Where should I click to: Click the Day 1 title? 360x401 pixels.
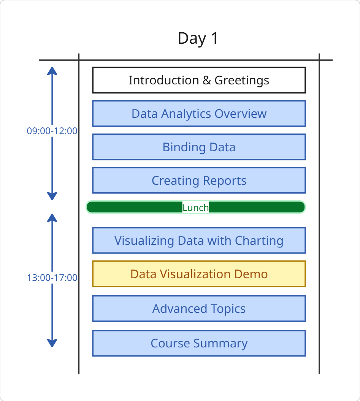coord(198,38)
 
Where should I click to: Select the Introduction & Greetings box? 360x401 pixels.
coord(199,80)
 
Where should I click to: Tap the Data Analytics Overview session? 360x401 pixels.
coord(199,114)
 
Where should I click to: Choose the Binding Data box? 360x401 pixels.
coord(199,147)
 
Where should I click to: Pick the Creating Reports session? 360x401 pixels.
coord(199,180)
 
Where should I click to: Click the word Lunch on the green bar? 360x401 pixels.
coord(196,208)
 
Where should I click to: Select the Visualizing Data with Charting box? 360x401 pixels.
coord(199,240)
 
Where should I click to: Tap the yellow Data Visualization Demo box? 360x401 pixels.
coord(199,274)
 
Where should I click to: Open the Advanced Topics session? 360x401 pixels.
coord(199,308)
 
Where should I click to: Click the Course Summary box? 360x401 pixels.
coord(199,343)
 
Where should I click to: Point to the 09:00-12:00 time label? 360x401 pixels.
coord(52,131)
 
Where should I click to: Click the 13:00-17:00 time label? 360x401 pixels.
coord(52,277)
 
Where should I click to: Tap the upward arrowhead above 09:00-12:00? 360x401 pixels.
coord(52,71)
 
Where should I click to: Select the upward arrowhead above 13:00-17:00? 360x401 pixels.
coord(52,218)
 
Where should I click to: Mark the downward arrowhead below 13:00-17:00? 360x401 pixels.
coord(52,343)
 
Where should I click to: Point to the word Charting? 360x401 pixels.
coord(259,241)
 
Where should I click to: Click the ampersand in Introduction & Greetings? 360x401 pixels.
coord(207,80)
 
